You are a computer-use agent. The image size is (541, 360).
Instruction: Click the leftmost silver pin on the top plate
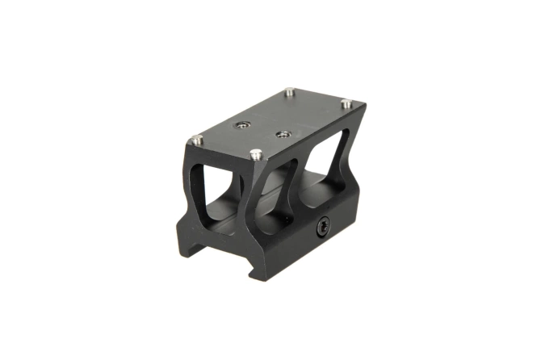(x=195, y=140)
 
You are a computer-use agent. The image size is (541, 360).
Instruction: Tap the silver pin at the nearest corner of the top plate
(x=256, y=153)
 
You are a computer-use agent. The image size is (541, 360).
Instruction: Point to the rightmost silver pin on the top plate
(x=346, y=103)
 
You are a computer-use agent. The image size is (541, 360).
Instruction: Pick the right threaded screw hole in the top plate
(x=283, y=132)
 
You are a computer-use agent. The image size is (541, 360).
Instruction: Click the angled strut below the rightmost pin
(x=344, y=149)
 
